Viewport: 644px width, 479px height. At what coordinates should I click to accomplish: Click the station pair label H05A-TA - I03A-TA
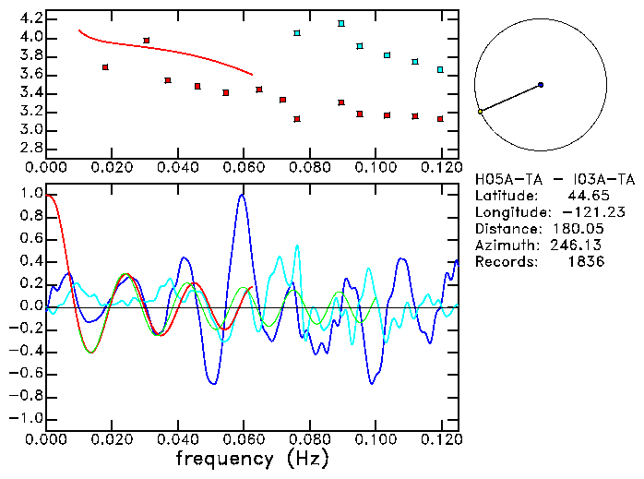(x=555, y=179)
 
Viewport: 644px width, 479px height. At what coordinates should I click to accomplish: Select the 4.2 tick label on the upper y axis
(x=30, y=18)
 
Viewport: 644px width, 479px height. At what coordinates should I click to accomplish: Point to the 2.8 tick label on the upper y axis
(x=30, y=148)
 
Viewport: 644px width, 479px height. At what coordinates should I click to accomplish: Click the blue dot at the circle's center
(x=541, y=85)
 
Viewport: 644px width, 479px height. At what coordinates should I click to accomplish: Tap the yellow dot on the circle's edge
(x=480, y=112)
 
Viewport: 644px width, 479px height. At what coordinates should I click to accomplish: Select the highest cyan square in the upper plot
(x=341, y=23)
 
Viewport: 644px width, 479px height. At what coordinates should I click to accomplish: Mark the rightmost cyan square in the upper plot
(x=440, y=69)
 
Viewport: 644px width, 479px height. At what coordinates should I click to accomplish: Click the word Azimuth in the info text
(x=503, y=245)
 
